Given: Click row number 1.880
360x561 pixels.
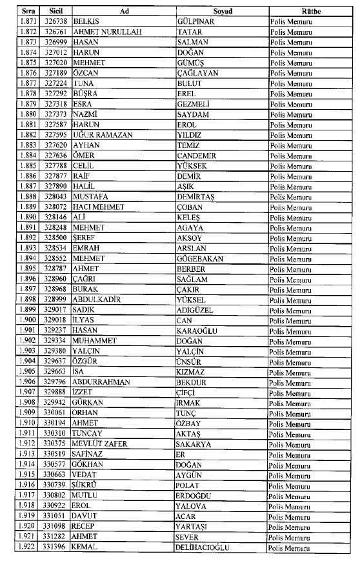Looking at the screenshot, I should pos(26,114).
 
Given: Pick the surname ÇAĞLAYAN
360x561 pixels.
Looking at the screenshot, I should pos(197,73).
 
